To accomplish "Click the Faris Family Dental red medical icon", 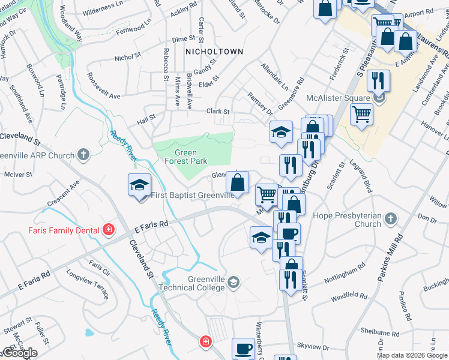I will click(109, 229).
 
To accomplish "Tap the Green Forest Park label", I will click(186, 157).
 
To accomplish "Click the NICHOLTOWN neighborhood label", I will click(214, 52).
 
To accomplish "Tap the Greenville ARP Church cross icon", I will click(83, 155).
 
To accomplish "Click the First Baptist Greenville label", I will click(192, 195).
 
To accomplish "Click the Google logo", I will click(19, 353).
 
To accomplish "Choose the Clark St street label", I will click(218, 112).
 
